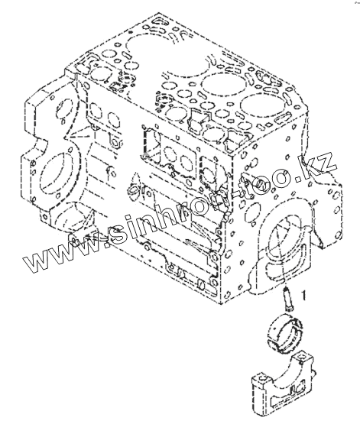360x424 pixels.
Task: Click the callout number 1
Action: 304,296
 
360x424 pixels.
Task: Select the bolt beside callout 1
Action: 287,299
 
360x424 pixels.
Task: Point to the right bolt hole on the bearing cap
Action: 303,358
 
